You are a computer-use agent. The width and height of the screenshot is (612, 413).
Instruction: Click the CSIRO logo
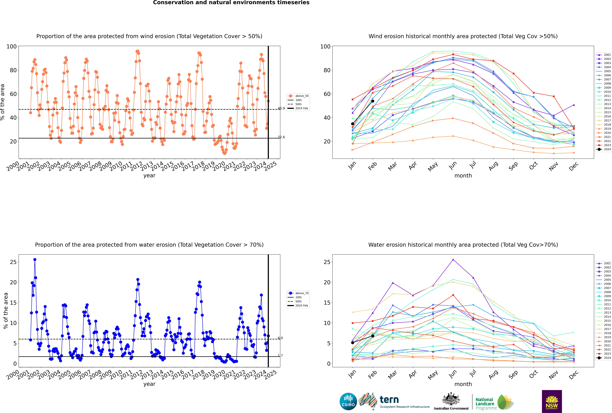tap(348, 401)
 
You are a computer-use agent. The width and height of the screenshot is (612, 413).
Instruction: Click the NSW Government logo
tap(552, 401)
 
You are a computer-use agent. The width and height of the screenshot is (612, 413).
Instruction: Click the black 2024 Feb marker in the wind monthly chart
tap(373, 101)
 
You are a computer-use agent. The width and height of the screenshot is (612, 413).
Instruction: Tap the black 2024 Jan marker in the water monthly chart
tap(353, 343)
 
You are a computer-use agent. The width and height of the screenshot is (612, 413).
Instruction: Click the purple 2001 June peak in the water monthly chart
tap(453, 259)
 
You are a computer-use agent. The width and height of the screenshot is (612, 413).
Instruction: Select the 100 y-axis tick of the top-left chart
tap(12, 47)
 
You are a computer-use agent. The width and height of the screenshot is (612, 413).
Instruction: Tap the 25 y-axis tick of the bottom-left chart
tap(13, 262)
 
